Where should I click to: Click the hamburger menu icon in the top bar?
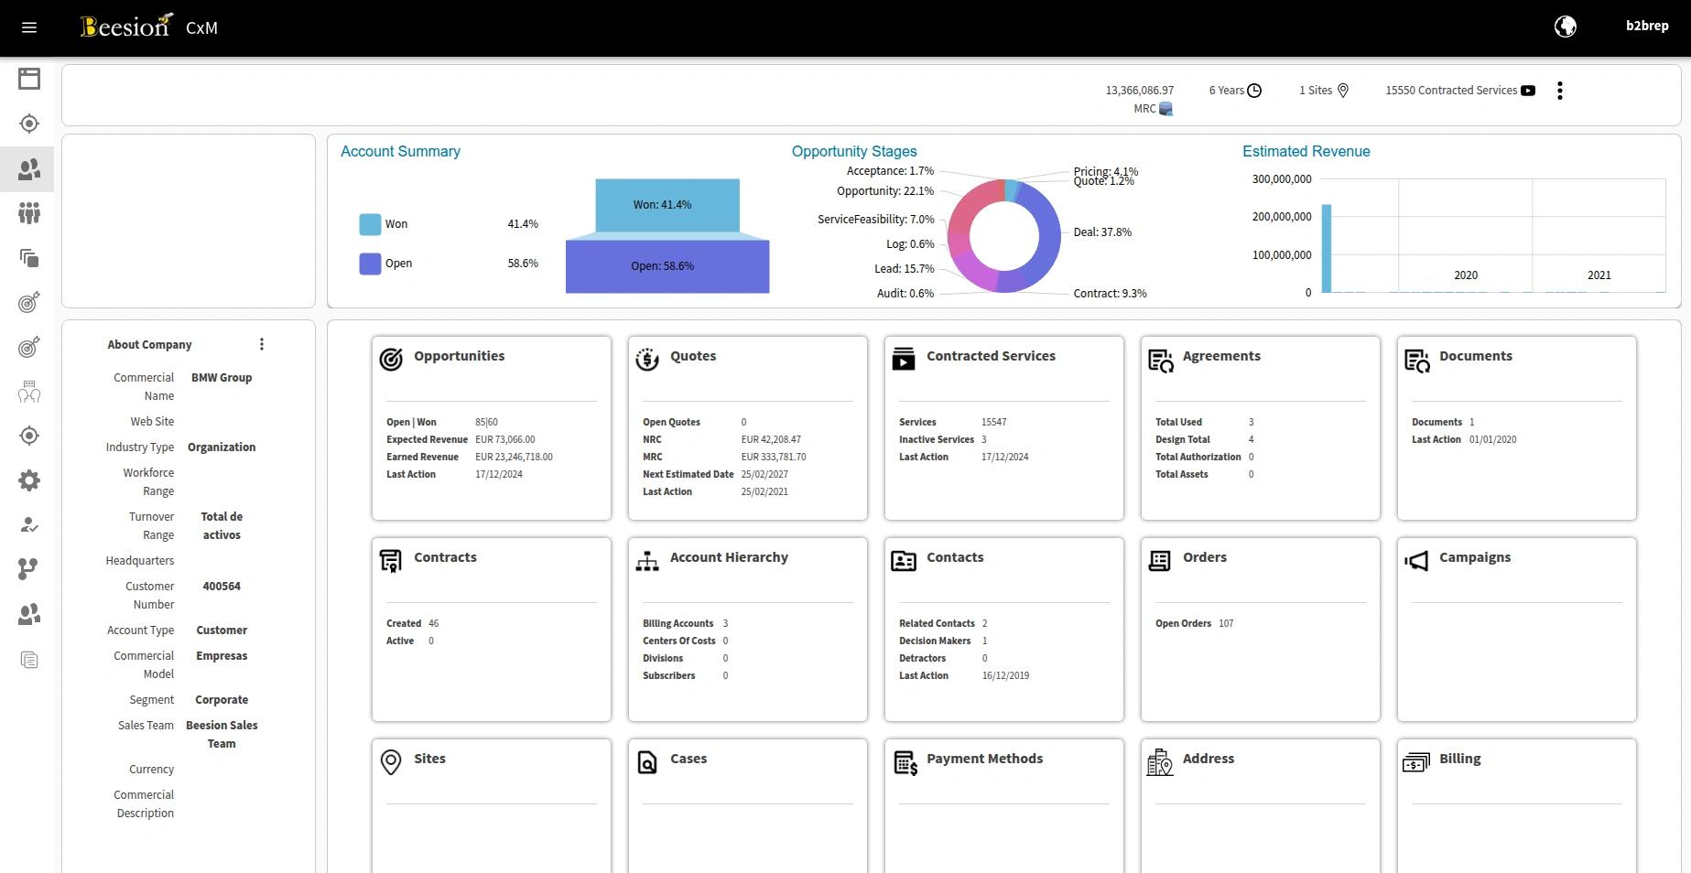tap(29, 27)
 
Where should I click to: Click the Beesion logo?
tap(126, 26)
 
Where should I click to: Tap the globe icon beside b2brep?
tap(1566, 27)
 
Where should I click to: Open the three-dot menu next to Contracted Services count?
tap(1560, 91)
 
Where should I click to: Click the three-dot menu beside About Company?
tap(262, 344)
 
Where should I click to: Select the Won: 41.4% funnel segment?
tap(667, 205)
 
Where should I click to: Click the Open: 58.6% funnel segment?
tap(667, 266)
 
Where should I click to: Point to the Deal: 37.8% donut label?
tap(1102, 232)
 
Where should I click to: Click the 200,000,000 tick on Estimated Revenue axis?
tap(1282, 217)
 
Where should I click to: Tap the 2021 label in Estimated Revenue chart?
tap(1599, 275)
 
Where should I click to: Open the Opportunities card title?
tap(459, 356)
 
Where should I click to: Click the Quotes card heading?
tap(693, 356)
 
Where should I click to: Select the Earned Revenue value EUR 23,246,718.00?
tap(514, 457)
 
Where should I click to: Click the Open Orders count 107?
tap(1226, 623)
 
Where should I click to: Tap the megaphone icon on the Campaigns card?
tap(1416, 561)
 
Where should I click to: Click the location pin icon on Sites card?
tap(391, 762)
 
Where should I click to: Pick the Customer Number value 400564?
tap(222, 587)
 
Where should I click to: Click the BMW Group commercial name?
tap(222, 378)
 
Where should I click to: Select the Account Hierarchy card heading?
tap(729, 557)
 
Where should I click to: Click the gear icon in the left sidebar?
tap(29, 480)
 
